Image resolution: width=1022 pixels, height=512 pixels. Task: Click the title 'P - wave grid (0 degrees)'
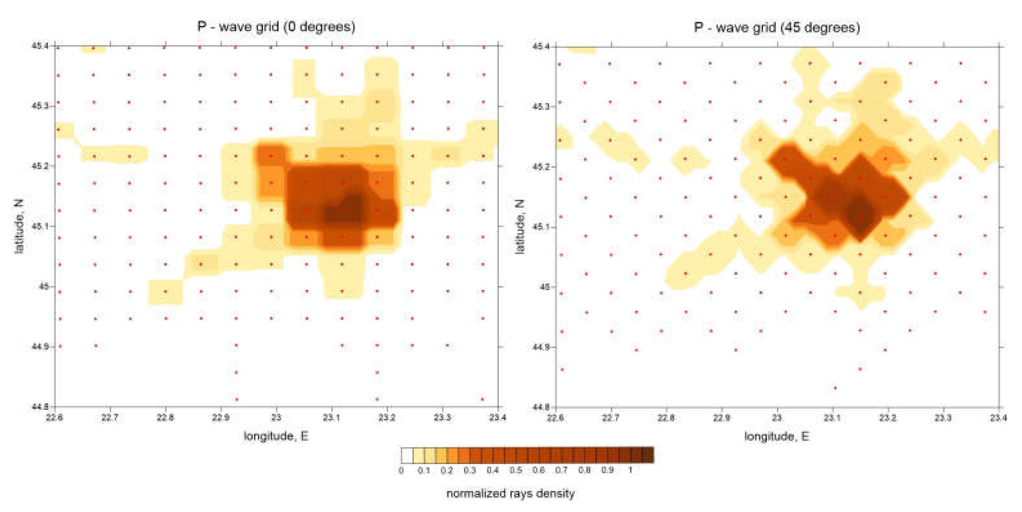point(276,27)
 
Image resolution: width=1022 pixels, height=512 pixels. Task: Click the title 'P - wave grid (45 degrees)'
point(777,27)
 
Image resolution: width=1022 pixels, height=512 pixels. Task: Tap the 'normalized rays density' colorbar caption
point(511,493)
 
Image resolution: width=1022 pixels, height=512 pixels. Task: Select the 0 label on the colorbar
point(401,470)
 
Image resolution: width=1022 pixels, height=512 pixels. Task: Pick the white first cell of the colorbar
point(407,455)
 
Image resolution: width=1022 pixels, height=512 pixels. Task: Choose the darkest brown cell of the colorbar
point(648,455)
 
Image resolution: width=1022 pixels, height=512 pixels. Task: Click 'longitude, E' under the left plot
point(276,436)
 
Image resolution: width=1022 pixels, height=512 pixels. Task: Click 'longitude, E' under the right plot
point(776,437)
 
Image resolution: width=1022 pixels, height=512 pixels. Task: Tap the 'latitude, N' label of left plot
point(19,227)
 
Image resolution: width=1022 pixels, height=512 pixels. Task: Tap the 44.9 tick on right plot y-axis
point(541,347)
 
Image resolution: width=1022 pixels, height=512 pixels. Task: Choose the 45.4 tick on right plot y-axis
point(541,46)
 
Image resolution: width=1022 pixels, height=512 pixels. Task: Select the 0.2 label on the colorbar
point(447,470)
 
